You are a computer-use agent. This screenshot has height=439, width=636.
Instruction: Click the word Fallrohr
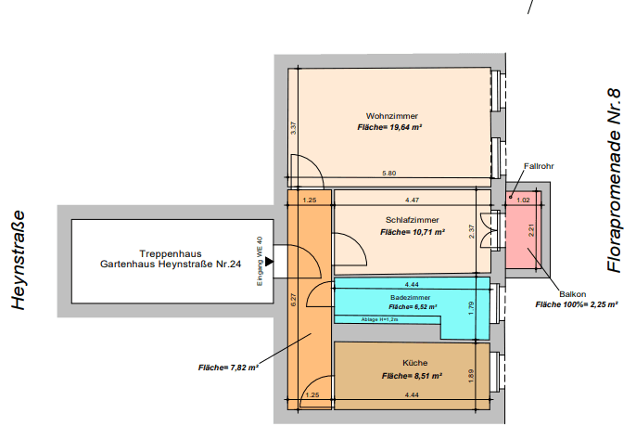(x=539, y=167)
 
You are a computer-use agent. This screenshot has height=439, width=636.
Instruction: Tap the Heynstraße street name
(x=19, y=259)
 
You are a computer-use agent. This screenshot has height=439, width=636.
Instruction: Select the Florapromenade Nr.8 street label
(x=613, y=182)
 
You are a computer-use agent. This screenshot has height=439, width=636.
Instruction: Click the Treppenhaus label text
(x=171, y=253)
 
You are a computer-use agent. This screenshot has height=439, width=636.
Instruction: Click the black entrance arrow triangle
(x=282, y=263)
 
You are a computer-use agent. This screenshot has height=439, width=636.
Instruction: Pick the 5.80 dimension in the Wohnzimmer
(x=389, y=174)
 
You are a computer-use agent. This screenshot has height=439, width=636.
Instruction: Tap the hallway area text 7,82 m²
(x=227, y=368)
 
